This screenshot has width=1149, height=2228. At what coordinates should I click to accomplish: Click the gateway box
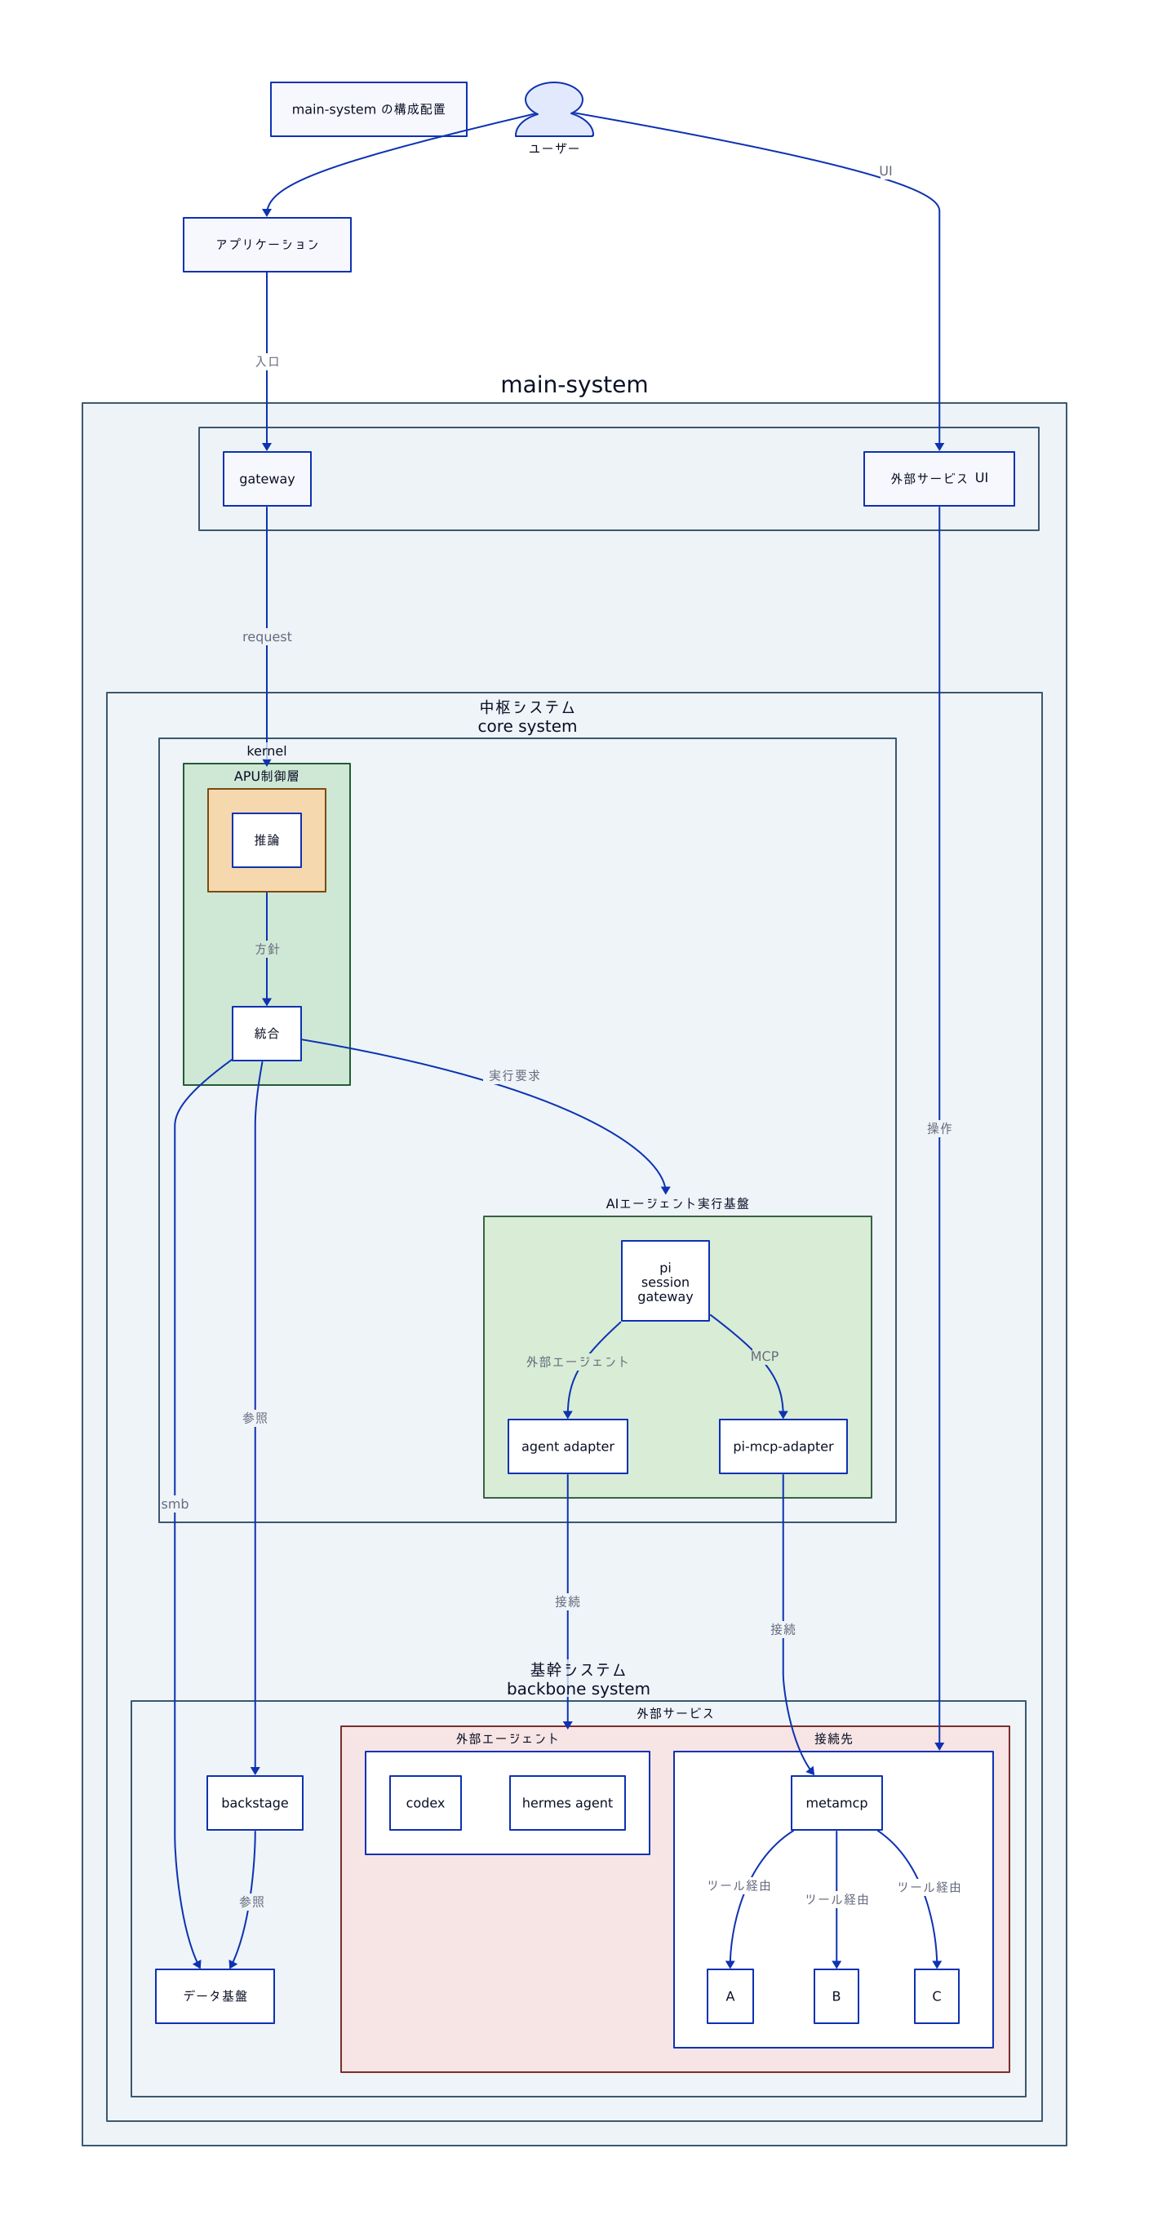(x=267, y=478)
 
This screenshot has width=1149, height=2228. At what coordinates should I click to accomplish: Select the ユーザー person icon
(x=554, y=110)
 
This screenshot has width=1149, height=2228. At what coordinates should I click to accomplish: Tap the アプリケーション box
(x=267, y=245)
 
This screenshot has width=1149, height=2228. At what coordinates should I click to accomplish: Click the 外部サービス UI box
(x=938, y=478)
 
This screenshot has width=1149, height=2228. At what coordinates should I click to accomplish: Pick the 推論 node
(x=267, y=839)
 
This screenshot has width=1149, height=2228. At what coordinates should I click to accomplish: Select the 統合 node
(x=267, y=1034)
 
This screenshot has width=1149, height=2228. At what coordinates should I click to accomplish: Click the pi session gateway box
(x=665, y=1281)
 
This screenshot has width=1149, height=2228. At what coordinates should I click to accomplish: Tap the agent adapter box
(x=568, y=1446)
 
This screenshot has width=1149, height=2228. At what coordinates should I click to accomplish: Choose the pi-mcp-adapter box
(x=783, y=1446)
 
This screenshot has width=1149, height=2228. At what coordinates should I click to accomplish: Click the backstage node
(x=255, y=1802)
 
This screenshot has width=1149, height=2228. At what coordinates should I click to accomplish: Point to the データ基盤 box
(x=215, y=1996)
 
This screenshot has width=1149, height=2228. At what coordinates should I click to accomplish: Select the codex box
(x=425, y=1802)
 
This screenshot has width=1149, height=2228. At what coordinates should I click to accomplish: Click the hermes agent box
(x=566, y=1802)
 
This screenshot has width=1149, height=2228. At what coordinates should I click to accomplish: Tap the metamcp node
(x=836, y=1802)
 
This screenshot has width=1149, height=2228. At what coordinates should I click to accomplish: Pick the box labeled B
(x=836, y=1996)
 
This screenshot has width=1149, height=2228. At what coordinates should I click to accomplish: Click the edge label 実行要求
(x=514, y=1075)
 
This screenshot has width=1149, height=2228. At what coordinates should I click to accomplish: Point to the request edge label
(x=267, y=636)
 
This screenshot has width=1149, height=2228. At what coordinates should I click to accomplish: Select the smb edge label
(x=175, y=1504)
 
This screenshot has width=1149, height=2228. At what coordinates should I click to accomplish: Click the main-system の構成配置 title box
(x=369, y=109)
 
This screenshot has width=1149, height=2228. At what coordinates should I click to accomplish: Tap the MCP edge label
(x=764, y=1356)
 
